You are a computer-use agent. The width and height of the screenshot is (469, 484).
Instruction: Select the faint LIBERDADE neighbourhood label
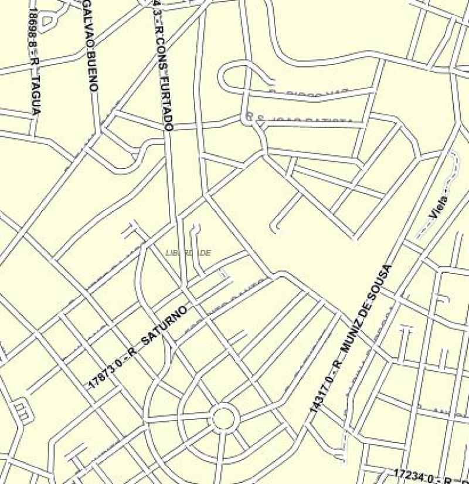(x=188, y=253)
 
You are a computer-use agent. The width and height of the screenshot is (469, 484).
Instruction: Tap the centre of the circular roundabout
(x=223, y=418)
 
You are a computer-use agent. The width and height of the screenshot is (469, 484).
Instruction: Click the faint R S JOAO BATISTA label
(x=299, y=121)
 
